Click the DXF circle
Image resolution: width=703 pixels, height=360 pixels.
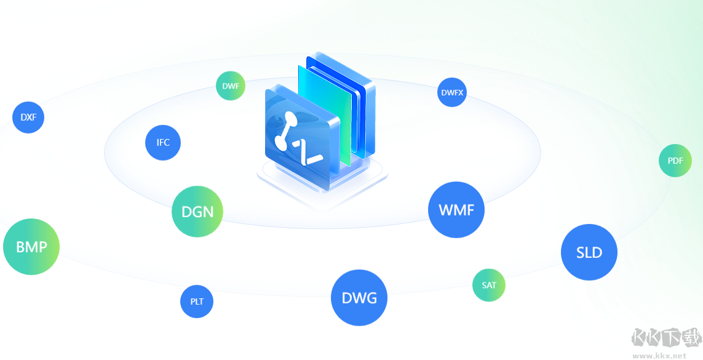point(28,117)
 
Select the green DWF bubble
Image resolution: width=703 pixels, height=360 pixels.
point(231,86)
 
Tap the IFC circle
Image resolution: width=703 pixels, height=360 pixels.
point(163,142)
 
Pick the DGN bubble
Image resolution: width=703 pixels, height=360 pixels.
point(197,212)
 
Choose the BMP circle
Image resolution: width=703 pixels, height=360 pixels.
point(31,247)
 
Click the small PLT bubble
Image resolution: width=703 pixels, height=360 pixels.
point(197,302)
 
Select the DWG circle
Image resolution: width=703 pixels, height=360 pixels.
point(359,298)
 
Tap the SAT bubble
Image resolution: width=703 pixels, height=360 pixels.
point(489,285)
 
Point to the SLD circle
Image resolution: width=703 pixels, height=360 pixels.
point(589,252)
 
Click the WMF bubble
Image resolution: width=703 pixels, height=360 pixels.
point(456,210)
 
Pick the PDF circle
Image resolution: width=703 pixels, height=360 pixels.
point(675,161)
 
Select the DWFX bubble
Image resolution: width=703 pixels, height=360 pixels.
point(453,93)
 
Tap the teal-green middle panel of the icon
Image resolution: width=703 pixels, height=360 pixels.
point(322,111)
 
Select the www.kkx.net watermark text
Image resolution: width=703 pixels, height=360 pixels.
point(659,355)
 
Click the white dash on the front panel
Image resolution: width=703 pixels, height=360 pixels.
point(313,161)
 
